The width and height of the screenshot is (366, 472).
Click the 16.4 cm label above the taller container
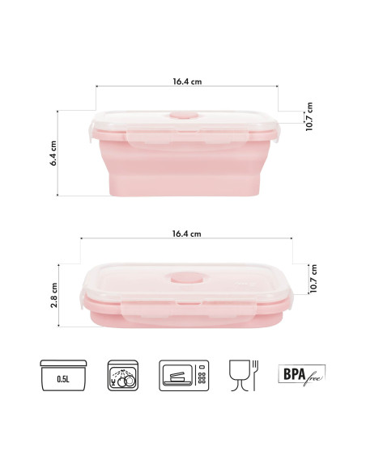coord(186,80)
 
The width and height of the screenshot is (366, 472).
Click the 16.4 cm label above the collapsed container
coord(186,234)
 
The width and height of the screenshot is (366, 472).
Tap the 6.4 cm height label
coord(53,153)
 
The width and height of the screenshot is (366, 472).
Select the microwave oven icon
coord(184,376)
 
